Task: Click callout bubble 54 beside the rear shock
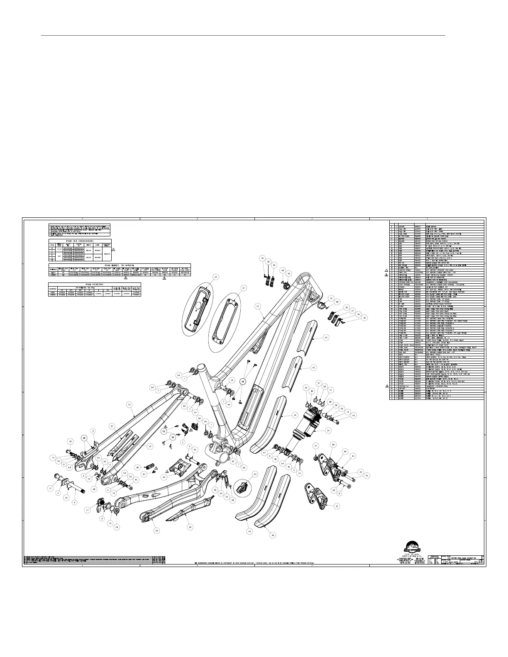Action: pyautogui.click(x=328, y=431)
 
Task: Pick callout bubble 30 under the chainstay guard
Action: pyautogui.click(x=190, y=527)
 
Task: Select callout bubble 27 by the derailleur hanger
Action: pyautogui.click(x=88, y=510)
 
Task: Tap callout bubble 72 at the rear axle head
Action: pyautogui.click(x=51, y=489)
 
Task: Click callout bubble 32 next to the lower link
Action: pyautogui.click(x=337, y=506)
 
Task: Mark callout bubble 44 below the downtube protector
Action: pyautogui.click(x=250, y=530)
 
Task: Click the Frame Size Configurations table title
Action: pyautogui.click(x=81, y=241)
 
